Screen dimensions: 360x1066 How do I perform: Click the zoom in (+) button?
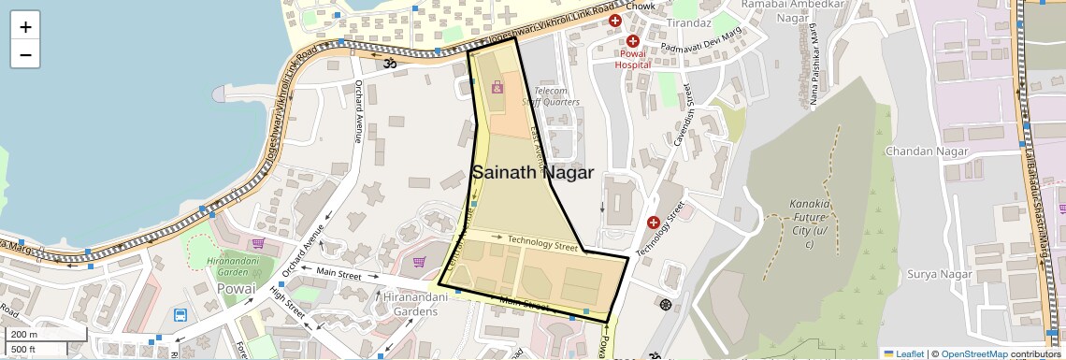coord(25,27)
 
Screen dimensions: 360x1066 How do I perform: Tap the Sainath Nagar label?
coord(533,172)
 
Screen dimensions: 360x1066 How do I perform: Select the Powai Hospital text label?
coord(632,60)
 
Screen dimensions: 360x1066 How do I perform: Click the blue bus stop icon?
coord(180,316)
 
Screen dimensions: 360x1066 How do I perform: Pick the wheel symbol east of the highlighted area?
coord(665,304)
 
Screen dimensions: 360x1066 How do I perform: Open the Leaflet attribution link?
coord(903,353)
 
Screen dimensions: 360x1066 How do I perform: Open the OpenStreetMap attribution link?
coord(973,353)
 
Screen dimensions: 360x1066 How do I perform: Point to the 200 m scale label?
coord(23,335)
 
